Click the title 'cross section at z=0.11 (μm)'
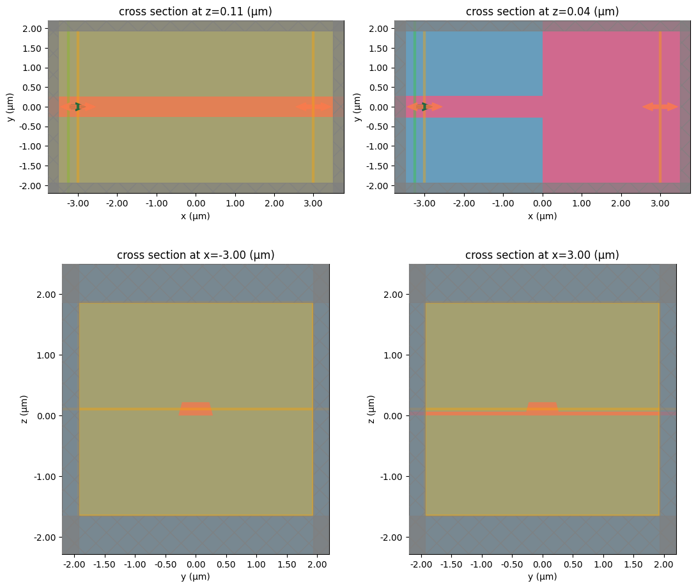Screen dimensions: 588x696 click(x=196, y=12)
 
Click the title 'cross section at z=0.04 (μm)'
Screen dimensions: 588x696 click(x=542, y=12)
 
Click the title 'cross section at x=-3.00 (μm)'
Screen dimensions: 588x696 click(x=196, y=255)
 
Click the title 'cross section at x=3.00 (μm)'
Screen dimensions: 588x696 click(x=542, y=255)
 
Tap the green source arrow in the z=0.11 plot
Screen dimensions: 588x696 click(x=77, y=107)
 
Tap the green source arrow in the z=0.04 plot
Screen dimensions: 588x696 click(x=424, y=107)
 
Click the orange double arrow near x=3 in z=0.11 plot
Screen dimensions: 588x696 click(x=313, y=107)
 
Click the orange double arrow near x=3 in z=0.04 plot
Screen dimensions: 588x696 click(x=660, y=107)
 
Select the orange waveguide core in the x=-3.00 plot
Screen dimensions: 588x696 click(x=196, y=409)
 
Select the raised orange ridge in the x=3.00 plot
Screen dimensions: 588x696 click(x=542, y=406)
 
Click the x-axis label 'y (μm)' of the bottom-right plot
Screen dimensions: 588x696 click(x=542, y=576)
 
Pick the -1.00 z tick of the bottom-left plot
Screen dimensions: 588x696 click(x=47, y=476)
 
